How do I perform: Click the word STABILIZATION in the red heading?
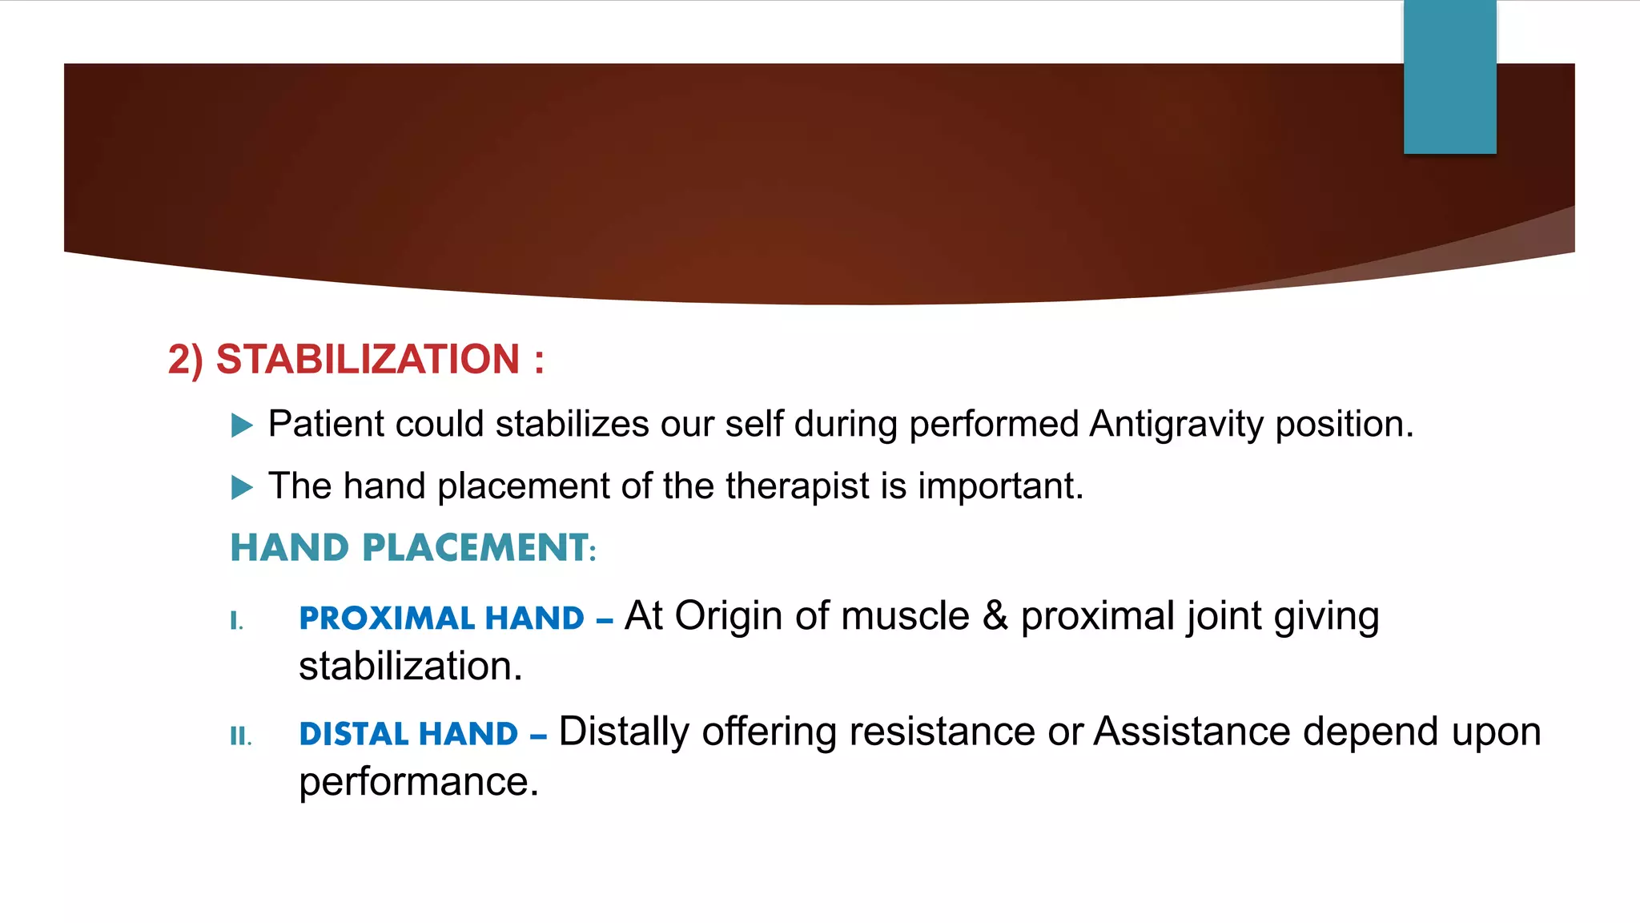(368, 359)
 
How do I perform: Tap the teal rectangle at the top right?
(1449, 77)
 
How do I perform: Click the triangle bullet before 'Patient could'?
(242, 425)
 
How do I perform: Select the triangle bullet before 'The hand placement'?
(242, 487)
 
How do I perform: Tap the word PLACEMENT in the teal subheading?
(476, 548)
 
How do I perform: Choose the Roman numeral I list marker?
(236, 620)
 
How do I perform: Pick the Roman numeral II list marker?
(240, 736)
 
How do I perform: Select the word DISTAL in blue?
(353, 734)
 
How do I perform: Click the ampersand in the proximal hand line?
(995, 616)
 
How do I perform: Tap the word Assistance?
(1192, 732)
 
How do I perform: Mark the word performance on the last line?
(418, 782)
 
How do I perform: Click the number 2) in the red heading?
(185, 359)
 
